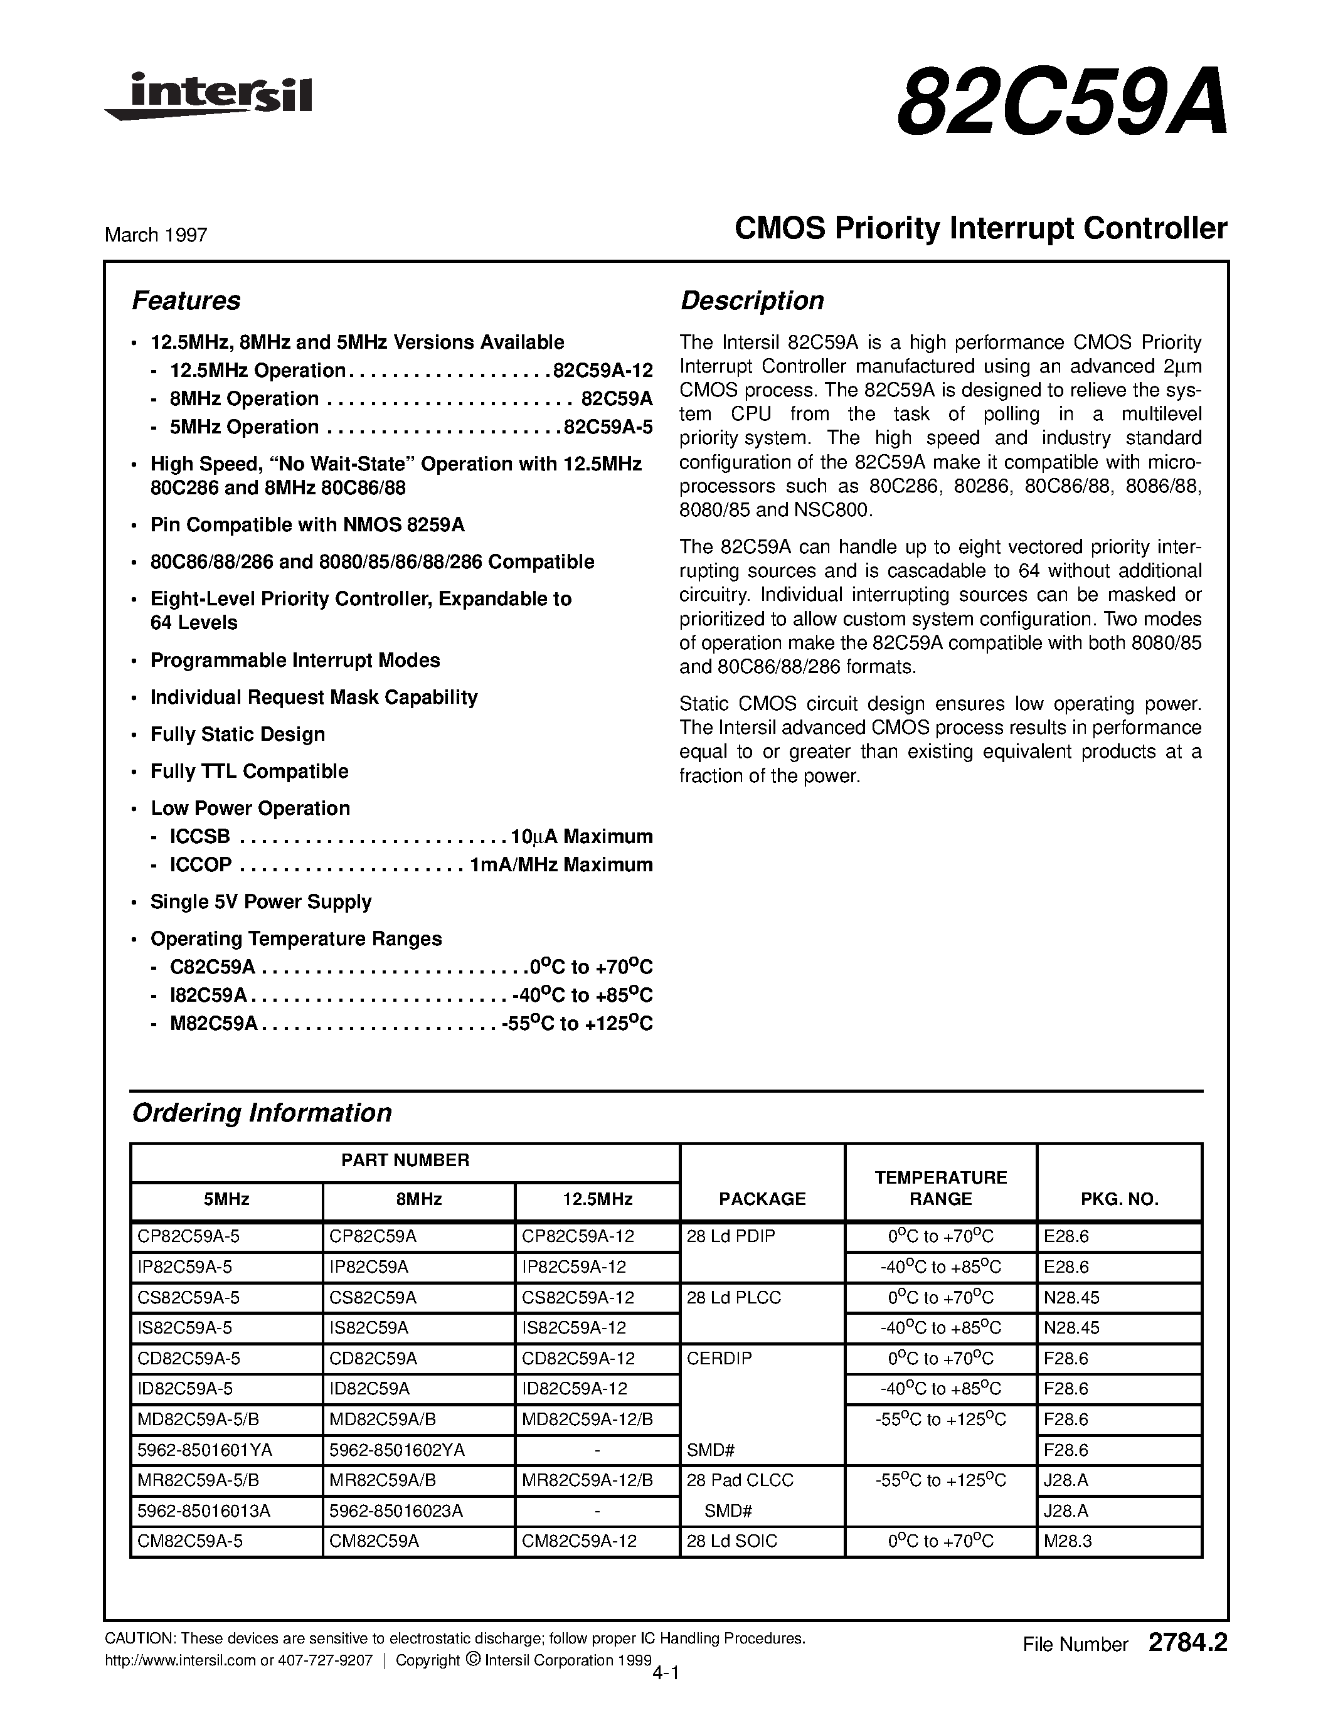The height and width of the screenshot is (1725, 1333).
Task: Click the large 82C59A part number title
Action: (1061, 103)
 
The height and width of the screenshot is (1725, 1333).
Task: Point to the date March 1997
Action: (156, 235)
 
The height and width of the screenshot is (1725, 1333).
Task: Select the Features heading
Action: (186, 301)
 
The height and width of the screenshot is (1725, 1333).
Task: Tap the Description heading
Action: (751, 301)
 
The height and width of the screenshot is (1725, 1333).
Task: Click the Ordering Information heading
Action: (262, 1113)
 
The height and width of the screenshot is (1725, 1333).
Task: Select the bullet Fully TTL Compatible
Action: (249, 771)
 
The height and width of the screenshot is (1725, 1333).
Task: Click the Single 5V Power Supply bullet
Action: (260, 901)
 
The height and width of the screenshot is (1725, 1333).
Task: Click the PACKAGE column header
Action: (762, 1199)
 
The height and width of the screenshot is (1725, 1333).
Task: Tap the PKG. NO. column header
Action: (1119, 1199)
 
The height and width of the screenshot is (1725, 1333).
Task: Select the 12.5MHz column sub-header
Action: (597, 1199)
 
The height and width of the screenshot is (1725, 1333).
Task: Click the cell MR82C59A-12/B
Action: (587, 1480)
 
